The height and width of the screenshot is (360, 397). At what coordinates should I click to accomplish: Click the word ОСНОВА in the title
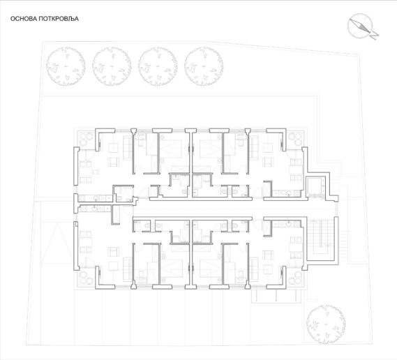tap(24, 19)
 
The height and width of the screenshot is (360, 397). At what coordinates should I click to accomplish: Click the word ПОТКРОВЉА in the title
tap(59, 19)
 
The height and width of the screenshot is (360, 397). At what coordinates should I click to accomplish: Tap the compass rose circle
tap(360, 26)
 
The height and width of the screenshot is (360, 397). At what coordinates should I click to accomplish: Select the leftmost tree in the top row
tap(66, 66)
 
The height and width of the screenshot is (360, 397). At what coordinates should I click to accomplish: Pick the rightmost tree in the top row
tap(204, 66)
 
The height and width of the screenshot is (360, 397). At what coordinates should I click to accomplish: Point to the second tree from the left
tap(112, 66)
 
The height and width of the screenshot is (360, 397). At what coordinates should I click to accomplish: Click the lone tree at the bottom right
tap(326, 324)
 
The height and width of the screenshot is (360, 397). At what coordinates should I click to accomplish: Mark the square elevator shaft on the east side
tap(315, 187)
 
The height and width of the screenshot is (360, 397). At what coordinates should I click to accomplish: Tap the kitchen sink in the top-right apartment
tap(289, 194)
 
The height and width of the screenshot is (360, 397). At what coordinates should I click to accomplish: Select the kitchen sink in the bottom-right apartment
tap(289, 224)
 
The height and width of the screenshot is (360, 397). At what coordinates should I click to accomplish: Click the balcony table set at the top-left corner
tap(85, 140)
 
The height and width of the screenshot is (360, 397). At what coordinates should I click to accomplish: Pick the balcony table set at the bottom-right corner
tap(295, 278)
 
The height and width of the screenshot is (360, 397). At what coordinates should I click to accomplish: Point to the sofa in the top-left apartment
tap(128, 148)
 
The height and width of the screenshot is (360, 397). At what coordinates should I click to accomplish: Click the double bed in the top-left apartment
tap(172, 149)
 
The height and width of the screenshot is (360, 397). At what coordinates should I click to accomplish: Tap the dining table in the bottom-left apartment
tap(85, 242)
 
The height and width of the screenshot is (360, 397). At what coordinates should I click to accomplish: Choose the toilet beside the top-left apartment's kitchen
tap(119, 198)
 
